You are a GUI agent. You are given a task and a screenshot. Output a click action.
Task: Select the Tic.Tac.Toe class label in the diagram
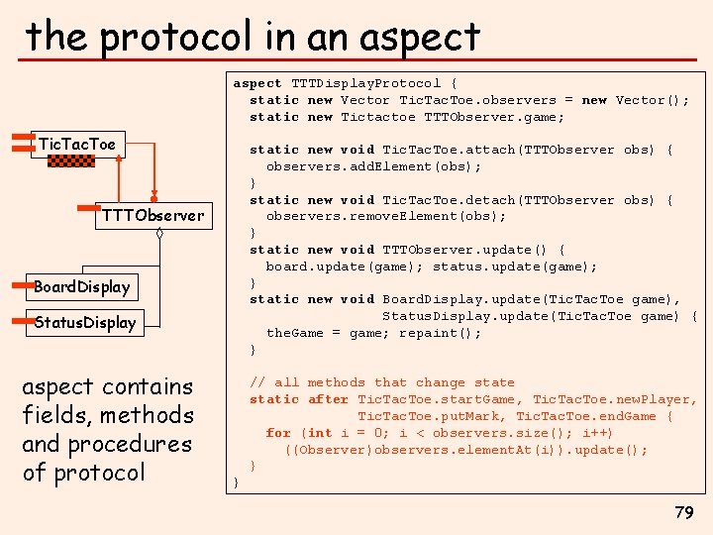coord(76,145)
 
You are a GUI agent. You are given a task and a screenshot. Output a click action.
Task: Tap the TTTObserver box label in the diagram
coord(153,215)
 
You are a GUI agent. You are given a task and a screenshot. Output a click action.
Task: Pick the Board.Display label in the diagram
coord(81,287)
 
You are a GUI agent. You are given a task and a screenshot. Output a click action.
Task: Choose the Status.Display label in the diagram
coord(84,322)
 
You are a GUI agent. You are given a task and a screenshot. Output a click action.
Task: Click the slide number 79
coord(683,512)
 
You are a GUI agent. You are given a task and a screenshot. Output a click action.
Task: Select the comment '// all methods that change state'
coord(382,382)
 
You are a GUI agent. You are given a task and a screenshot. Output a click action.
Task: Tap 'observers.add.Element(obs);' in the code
coord(368,166)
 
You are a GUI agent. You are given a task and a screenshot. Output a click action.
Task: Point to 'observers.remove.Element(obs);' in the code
coord(386,216)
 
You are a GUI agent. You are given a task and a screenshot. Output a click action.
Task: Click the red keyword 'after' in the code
coord(328,399)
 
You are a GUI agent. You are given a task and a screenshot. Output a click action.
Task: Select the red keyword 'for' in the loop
coord(278,433)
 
